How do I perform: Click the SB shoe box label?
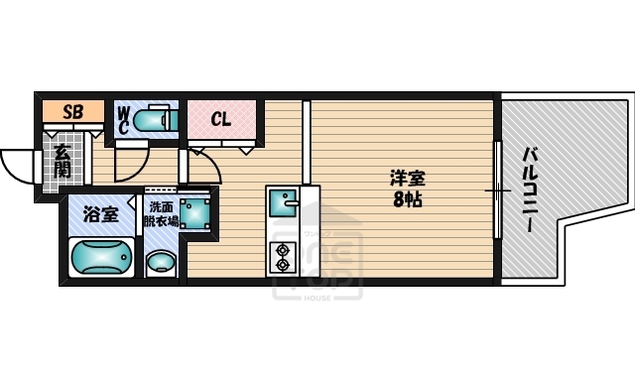pyautogui.click(x=71, y=112)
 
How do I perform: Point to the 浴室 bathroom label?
pyautogui.click(x=99, y=213)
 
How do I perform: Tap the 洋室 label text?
pyautogui.click(x=406, y=179)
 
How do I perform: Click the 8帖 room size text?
pyautogui.click(x=406, y=199)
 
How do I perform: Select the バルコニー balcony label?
pyautogui.click(x=531, y=190)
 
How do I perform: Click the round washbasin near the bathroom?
pyautogui.click(x=160, y=265)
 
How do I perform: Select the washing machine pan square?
pyautogui.click(x=194, y=211)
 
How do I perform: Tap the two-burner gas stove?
pyautogui.click(x=283, y=256)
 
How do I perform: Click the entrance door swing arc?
pyautogui.click(x=18, y=167)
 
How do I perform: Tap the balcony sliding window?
pyautogui.click(x=498, y=189)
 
